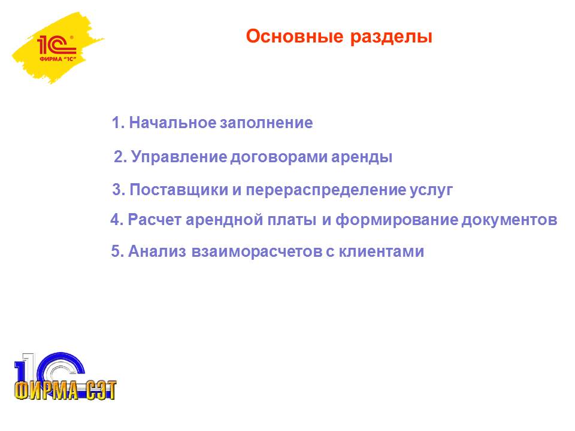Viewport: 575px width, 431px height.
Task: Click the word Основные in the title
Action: point(295,37)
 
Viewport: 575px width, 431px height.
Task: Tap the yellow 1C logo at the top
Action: point(57,48)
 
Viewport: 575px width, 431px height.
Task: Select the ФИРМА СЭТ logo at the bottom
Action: point(65,377)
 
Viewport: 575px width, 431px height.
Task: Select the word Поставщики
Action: point(179,190)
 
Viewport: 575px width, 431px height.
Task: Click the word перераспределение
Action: point(326,190)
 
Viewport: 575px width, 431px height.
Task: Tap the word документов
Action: point(509,220)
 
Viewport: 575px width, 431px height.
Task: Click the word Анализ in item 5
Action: point(157,251)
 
